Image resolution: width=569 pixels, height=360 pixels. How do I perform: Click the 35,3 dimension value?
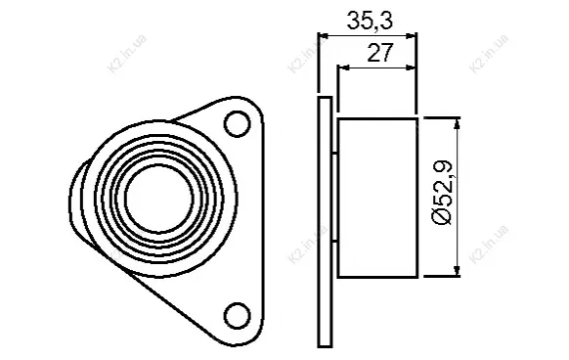pos(370,21)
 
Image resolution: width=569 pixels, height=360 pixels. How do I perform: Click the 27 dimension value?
pos(380,53)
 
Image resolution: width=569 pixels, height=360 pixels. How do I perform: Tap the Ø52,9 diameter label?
pos(442,193)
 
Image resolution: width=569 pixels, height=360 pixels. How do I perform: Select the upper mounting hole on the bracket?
pos(238,124)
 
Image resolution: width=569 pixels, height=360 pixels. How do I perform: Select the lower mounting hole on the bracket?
pos(238,316)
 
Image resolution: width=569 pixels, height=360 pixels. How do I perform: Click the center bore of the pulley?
pos(159,197)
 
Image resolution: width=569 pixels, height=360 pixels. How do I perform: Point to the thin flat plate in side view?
pos(325,222)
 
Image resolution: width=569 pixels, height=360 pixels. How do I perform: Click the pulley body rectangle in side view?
pos(377,198)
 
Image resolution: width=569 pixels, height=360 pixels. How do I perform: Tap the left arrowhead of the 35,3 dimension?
pos(323,36)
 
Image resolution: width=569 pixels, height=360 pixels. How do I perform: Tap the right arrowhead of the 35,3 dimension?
pos(412,36)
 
